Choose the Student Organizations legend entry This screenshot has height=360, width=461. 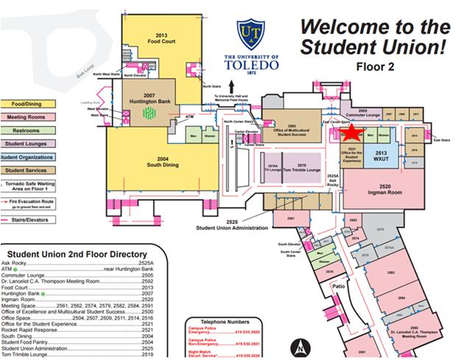(26, 156)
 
